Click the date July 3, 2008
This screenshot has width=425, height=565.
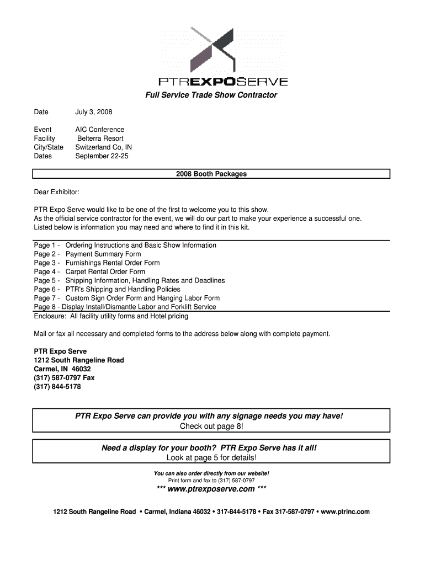coord(93,112)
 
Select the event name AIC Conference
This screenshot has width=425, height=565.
coord(99,130)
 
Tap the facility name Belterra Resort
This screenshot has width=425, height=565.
coord(100,138)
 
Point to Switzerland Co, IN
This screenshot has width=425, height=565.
coord(103,147)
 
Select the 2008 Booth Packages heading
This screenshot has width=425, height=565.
coord(211,174)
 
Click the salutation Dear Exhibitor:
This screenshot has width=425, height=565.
coord(56,192)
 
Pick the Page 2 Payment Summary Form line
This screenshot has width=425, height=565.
coord(87,254)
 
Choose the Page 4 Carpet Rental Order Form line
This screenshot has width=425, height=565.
coord(89,271)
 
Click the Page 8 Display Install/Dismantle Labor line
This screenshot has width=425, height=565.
coord(125,307)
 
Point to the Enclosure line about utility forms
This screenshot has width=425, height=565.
coord(110,316)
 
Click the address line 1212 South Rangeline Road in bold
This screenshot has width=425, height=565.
coord(78,360)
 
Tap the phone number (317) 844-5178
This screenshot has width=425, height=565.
coord(57,387)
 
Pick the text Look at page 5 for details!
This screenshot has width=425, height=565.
coord(211,458)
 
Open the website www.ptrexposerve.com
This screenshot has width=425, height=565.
coord(211,489)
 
